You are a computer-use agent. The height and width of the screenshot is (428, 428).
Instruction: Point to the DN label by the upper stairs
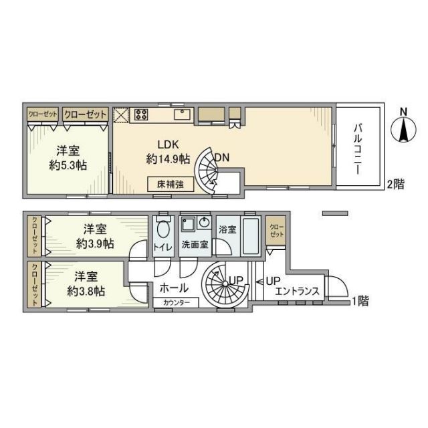point(222,158)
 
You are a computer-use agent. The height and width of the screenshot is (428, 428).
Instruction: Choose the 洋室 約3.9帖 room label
point(94,236)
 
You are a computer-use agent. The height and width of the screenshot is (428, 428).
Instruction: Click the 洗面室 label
point(195,245)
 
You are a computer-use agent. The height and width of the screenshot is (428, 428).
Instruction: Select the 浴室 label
point(227,229)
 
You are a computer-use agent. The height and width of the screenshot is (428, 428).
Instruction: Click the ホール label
point(173,288)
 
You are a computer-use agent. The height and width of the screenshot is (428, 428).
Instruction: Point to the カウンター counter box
point(176,303)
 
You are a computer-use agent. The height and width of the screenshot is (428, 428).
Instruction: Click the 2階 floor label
point(395,185)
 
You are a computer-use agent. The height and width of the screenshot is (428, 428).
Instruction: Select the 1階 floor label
point(360,300)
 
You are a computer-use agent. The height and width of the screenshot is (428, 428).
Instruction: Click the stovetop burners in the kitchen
point(140,114)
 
